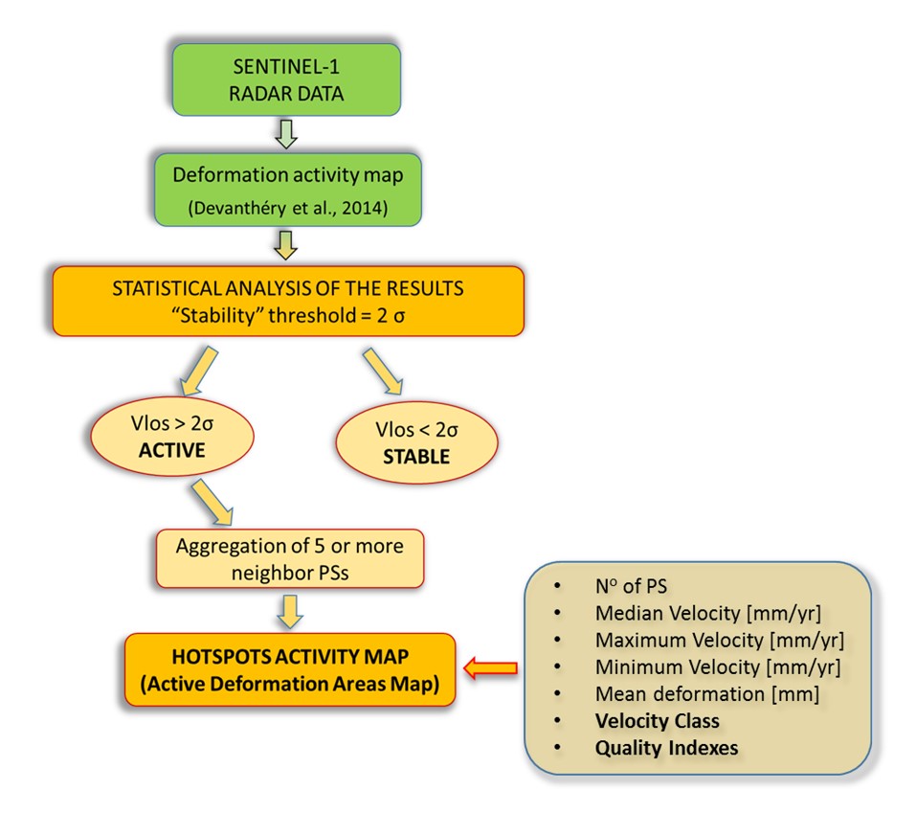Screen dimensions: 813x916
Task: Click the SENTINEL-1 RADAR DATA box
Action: [x=286, y=81]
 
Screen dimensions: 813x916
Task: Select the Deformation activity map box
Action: [x=286, y=190]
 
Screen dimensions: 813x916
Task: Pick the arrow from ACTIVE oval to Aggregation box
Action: [x=213, y=502]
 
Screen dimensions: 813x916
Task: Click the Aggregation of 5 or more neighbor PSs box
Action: [x=289, y=559]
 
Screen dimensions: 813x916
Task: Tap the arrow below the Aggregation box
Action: [x=288, y=610]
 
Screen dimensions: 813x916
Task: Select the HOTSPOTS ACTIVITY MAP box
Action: [x=288, y=670]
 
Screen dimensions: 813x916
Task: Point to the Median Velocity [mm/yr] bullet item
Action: [x=706, y=612]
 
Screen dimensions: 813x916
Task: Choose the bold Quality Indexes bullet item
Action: [x=666, y=748]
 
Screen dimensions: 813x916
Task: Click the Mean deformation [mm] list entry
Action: [x=706, y=693]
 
